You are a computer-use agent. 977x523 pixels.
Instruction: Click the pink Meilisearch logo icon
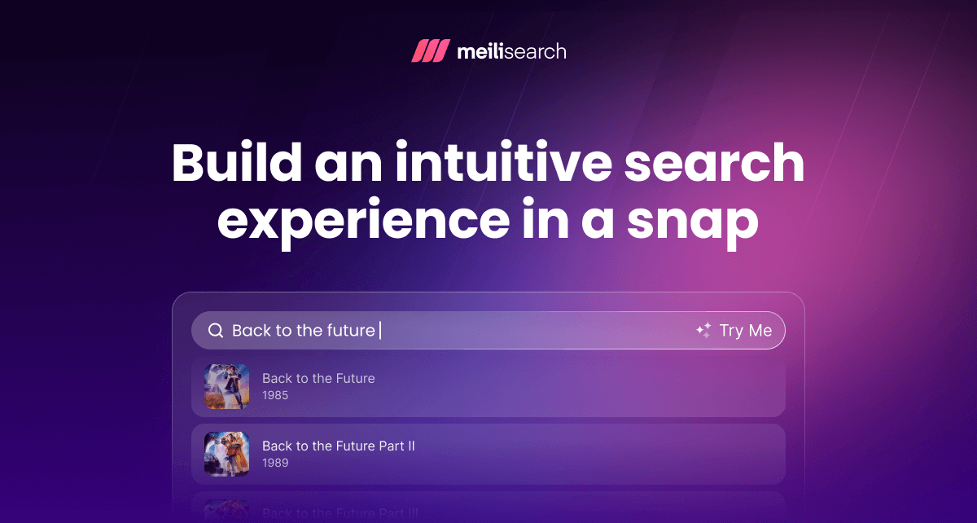(430, 51)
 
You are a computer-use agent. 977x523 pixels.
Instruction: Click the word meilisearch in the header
(511, 51)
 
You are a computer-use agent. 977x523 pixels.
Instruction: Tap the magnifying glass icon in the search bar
(216, 331)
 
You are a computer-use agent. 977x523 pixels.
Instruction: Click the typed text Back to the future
(303, 331)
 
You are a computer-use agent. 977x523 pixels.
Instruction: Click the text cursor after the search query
(380, 331)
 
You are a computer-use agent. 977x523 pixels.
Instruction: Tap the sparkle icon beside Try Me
(703, 331)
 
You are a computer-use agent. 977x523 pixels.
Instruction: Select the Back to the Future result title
(318, 378)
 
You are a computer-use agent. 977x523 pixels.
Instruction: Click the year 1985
(275, 395)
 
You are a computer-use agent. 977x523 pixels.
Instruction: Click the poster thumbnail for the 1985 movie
(226, 386)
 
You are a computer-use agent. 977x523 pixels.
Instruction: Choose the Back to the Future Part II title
(339, 446)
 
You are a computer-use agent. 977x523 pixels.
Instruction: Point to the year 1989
(275, 463)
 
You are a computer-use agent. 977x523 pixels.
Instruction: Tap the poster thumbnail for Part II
(226, 454)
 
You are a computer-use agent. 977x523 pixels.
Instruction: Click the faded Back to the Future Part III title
(340, 513)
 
